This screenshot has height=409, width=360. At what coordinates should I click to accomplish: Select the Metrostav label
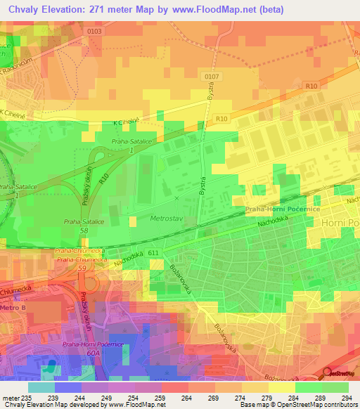(x=167, y=219)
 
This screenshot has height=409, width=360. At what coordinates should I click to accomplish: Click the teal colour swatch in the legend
(x=41, y=387)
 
